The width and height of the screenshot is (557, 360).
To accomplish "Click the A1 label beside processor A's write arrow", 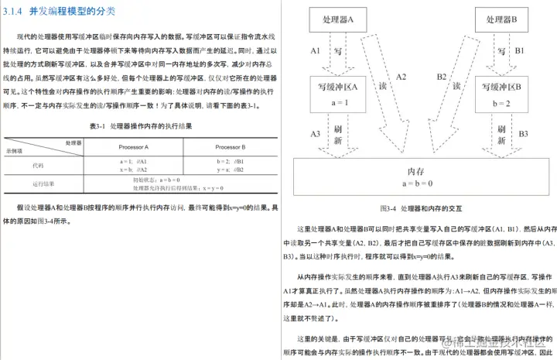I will point(316,50).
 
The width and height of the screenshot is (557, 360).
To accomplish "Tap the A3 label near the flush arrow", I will point(316,134).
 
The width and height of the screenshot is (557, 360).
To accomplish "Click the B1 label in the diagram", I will point(519,50).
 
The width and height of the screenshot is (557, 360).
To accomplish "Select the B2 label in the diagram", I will point(441,77).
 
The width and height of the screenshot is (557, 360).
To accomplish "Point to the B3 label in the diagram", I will point(523,134).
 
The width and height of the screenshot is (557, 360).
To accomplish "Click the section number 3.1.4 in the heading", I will point(15,12).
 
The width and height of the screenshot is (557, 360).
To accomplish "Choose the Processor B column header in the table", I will point(230,146).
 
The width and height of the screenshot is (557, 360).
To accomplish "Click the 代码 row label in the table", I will point(39,165).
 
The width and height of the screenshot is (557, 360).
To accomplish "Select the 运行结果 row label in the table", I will point(43,183).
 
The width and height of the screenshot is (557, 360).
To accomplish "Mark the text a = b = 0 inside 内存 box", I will point(418,183).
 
